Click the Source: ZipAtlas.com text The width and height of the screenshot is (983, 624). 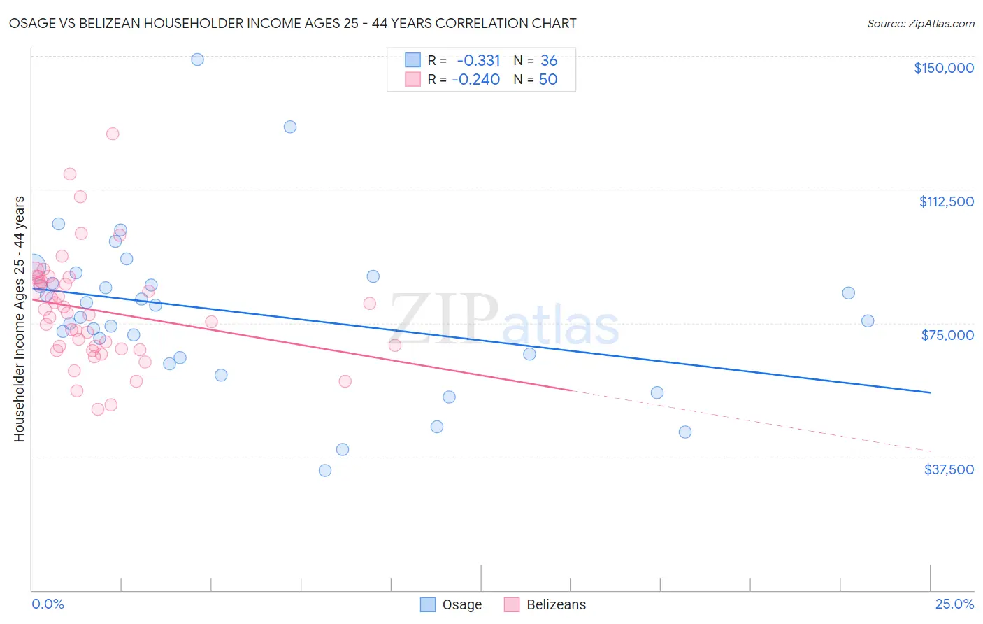click(920, 23)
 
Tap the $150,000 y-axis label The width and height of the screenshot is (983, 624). click(943, 68)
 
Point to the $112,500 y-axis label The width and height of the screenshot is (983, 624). click(946, 201)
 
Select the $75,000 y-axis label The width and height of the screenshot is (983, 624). click(947, 335)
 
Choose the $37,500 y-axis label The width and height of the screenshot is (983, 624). click(948, 469)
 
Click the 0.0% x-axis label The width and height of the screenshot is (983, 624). click(48, 604)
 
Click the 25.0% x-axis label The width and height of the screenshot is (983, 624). click(954, 604)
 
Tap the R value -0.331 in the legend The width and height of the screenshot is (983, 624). click(478, 60)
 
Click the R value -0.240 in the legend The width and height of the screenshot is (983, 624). click(476, 79)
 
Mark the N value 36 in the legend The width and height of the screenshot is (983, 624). click(549, 60)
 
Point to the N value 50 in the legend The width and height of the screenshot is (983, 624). click(548, 79)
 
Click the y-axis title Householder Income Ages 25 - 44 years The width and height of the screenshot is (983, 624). click(19, 319)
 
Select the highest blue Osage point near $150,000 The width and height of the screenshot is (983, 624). click(197, 59)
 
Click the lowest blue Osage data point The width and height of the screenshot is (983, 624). click(325, 470)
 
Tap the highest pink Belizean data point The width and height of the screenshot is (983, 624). click(113, 134)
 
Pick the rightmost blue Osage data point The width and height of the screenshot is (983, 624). click(868, 321)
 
